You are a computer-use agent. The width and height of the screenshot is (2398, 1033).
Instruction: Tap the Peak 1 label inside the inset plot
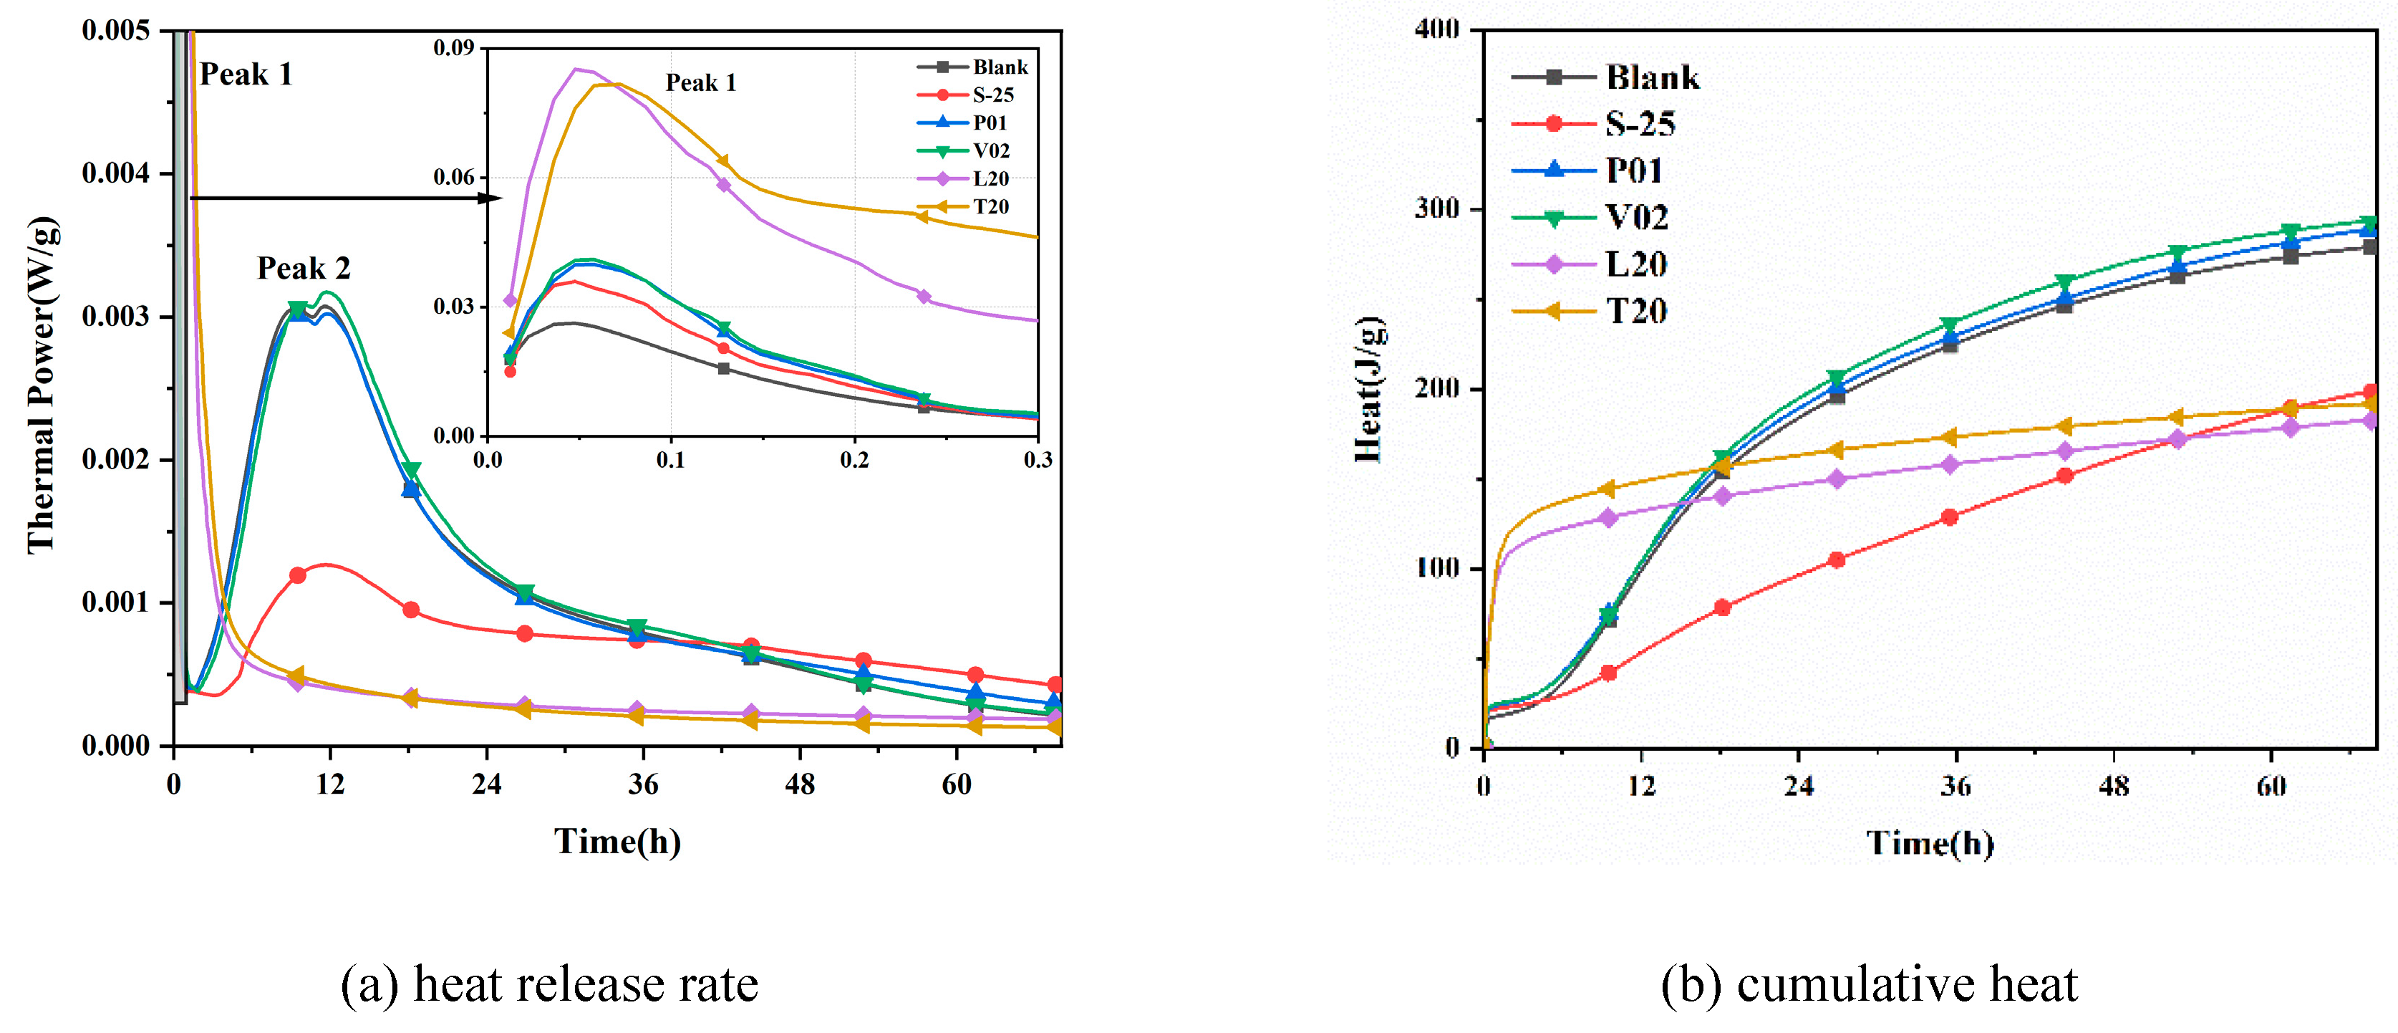[700, 83]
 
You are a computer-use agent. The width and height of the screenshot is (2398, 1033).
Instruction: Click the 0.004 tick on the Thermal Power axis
[115, 173]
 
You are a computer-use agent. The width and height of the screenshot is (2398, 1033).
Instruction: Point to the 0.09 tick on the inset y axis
[453, 47]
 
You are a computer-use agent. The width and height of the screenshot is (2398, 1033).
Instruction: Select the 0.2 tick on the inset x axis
[854, 460]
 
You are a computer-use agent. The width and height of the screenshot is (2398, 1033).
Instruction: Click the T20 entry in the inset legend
[990, 207]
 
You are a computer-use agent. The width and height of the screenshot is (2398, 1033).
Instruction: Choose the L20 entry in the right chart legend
[1635, 264]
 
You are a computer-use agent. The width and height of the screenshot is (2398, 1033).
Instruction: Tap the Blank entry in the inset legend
[1000, 67]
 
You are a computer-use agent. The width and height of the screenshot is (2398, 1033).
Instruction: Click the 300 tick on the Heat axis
[1437, 208]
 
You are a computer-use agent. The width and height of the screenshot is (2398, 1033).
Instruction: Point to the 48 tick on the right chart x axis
[2113, 787]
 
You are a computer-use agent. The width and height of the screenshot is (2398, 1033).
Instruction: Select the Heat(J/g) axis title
[1368, 390]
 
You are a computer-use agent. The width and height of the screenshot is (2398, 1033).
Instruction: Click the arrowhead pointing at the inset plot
[490, 198]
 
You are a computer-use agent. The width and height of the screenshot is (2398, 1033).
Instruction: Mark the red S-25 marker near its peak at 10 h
[298, 576]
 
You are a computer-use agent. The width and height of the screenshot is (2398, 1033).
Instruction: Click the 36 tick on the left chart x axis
[643, 785]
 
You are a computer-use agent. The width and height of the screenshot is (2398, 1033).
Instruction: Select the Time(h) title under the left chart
[617, 842]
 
